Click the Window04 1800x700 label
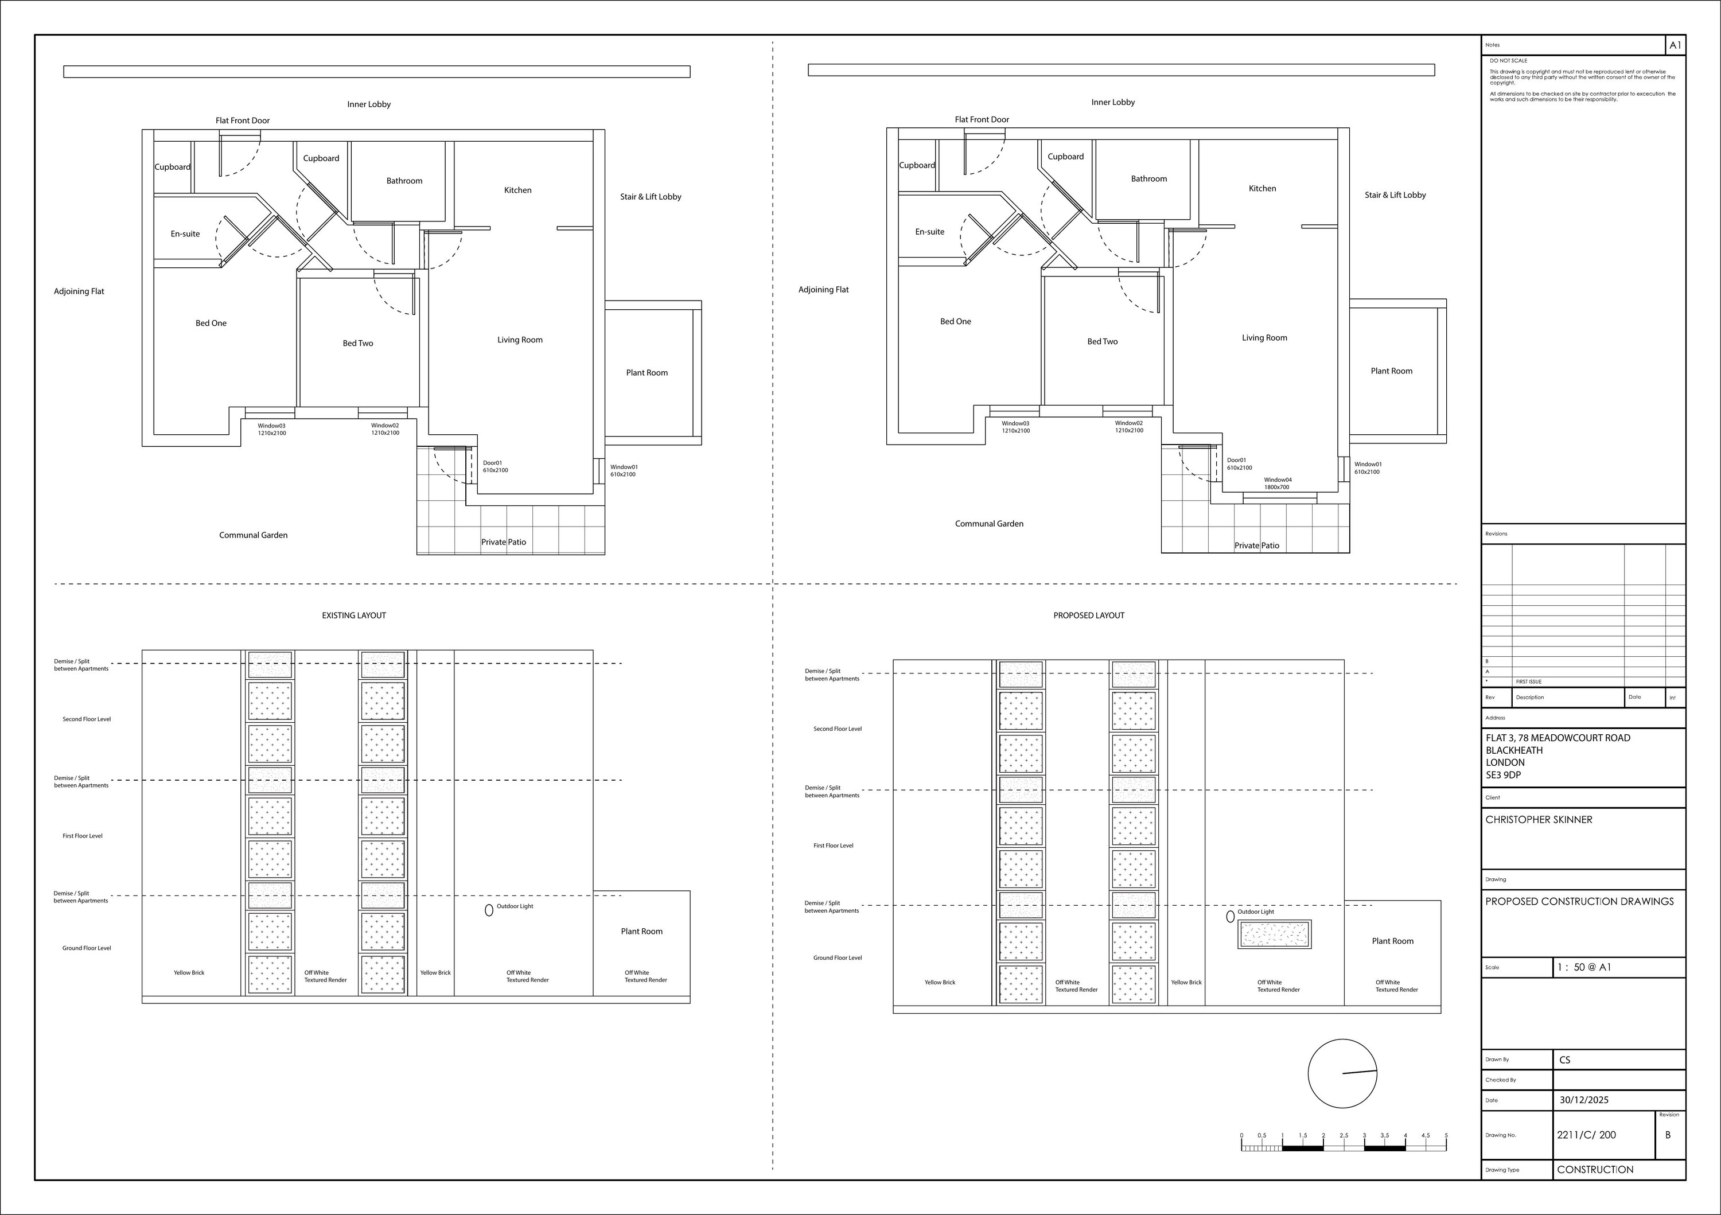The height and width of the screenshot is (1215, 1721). pyautogui.click(x=1277, y=484)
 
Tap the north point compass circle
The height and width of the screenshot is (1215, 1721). pyautogui.click(x=1342, y=1073)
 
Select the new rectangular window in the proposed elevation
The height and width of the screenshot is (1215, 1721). pyautogui.click(x=1274, y=934)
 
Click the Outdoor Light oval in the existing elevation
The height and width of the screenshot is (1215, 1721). pyautogui.click(x=489, y=910)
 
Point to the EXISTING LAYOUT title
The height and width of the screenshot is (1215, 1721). pyautogui.click(x=354, y=616)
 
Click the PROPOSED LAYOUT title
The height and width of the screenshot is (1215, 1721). pyautogui.click(x=1088, y=616)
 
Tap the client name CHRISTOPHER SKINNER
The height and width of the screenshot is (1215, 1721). pyautogui.click(x=1539, y=819)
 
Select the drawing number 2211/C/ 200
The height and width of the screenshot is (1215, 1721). pyautogui.click(x=1586, y=1135)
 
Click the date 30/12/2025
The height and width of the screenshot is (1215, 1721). pyautogui.click(x=1584, y=1100)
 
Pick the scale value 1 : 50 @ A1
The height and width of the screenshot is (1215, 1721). pyautogui.click(x=1584, y=967)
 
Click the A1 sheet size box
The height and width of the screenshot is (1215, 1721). pyautogui.click(x=1675, y=45)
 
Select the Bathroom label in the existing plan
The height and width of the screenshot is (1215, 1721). pyautogui.click(x=404, y=181)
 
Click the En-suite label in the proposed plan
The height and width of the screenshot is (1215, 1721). pyautogui.click(x=929, y=232)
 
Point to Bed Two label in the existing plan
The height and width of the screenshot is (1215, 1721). pyautogui.click(x=357, y=343)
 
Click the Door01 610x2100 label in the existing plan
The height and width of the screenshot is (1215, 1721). pyautogui.click(x=495, y=466)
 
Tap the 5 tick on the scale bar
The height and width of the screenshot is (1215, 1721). pyautogui.click(x=1446, y=1136)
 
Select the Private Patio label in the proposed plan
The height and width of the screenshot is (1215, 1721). pyautogui.click(x=1256, y=546)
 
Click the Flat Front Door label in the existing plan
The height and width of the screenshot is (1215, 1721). pyautogui.click(x=242, y=120)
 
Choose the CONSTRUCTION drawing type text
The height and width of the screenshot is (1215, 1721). pyautogui.click(x=1594, y=1169)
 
